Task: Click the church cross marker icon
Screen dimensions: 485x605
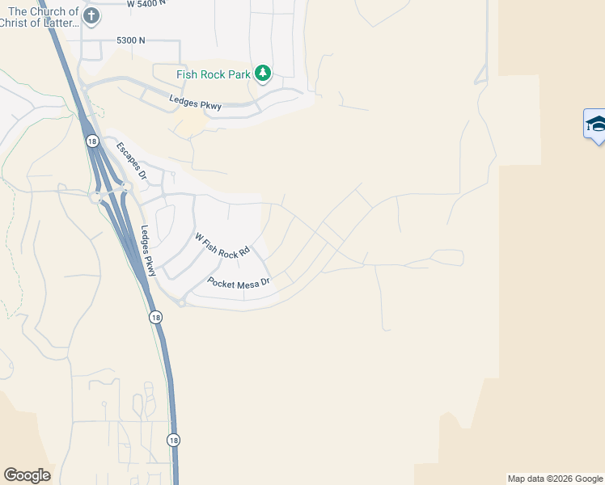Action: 91,15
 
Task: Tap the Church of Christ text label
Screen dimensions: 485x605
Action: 44,17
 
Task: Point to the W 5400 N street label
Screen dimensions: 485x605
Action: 146,3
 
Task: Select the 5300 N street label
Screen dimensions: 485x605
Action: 130,40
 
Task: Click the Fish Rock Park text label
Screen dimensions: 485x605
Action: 214,75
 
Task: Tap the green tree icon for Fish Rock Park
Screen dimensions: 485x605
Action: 263,74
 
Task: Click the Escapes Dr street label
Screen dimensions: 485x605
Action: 133,160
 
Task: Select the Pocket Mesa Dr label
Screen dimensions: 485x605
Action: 238,283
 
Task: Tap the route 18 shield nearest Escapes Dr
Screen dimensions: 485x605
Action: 91,141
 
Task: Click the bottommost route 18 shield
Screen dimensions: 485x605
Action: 174,441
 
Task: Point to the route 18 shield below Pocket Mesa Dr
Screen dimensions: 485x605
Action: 154,318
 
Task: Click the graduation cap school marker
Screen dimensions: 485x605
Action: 595,124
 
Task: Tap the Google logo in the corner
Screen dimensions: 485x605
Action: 27,475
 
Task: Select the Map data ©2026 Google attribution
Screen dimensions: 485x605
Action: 555,479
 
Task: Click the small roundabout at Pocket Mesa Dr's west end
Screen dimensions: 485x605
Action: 182,303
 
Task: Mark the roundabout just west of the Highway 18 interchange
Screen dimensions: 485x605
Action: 95,196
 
